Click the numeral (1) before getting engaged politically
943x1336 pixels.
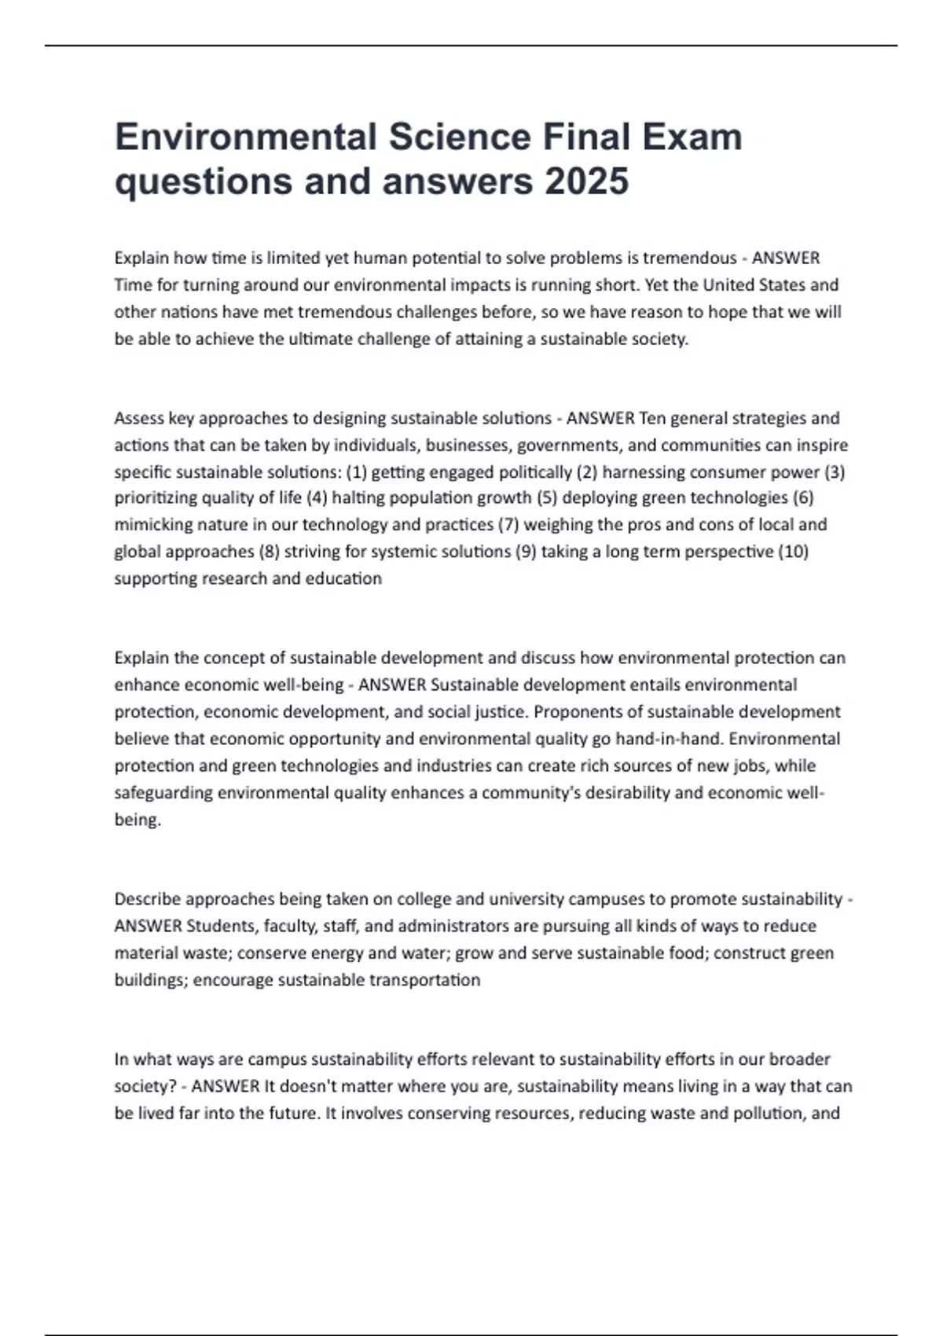click(x=356, y=472)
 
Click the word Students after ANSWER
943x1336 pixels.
click(x=222, y=926)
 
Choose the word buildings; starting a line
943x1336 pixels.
click(x=151, y=980)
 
